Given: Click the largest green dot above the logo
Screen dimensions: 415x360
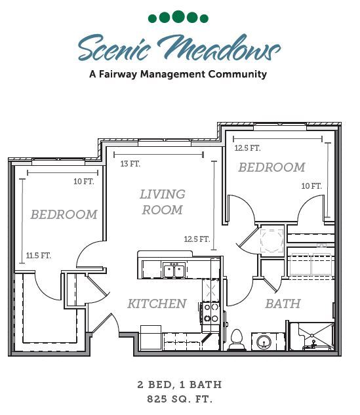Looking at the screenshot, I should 179,17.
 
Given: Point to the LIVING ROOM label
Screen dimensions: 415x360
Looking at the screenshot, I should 162,202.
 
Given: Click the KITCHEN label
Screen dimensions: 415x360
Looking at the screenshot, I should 157,304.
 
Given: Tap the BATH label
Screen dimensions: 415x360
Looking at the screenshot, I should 283,304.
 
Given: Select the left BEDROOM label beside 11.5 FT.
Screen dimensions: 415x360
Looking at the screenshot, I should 64,214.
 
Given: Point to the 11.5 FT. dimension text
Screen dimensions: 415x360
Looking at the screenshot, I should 39,256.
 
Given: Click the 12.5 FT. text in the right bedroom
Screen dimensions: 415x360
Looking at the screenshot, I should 247,148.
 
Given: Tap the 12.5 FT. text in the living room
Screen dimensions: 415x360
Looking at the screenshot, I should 197,239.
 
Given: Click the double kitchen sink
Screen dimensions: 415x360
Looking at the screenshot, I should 174,270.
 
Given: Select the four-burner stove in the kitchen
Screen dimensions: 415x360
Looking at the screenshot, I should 211,312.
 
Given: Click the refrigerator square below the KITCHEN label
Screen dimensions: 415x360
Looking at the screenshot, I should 151,338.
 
